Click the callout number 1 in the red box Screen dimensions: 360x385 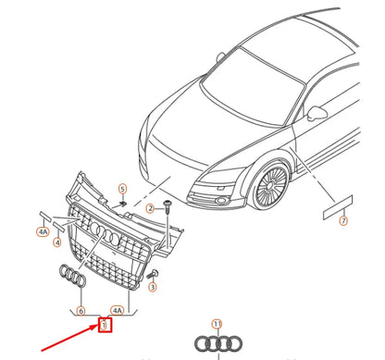pyautogui.click(x=105, y=324)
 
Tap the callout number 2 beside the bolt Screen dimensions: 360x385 pyautogui.click(x=148, y=209)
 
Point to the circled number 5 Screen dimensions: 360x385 pyautogui.click(x=121, y=190)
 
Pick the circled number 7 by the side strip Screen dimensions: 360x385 pyautogui.click(x=343, y=221)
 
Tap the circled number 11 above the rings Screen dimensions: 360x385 pyautogui.click(x=217, y=324)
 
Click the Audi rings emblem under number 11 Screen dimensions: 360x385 pyautogui.click(x=217, y=344)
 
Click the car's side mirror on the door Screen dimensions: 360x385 pyautogui.click(x=319, y=114)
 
